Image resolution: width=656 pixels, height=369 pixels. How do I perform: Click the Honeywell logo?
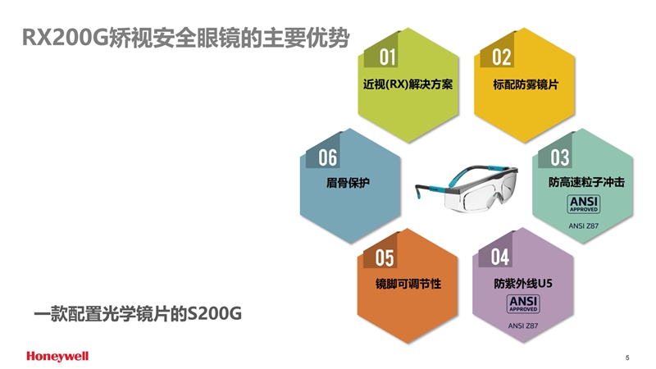pyautogui.click(x=57, y=356)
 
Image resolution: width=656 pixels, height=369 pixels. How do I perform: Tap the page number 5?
pyautogui.click(x=627, y=358)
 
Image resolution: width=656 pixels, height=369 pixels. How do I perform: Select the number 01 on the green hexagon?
pyautogui.click(x=387, y=57)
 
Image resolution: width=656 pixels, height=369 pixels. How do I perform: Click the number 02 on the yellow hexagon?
pyautogui.click(x=502, y=57)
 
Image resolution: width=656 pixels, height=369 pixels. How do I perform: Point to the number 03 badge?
pyautogui.click(x=560, y=157)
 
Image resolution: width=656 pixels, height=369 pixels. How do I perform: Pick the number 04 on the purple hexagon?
pyautogui.click(x=500, y=257)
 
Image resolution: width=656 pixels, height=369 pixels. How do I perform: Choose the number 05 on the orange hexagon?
pyautogui.click(x=385, y=257)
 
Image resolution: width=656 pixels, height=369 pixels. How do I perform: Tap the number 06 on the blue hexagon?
pyautogui.click(x=327, y=157)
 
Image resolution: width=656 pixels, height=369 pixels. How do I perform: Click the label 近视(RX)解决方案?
pyautogui.click(x=408, y=84)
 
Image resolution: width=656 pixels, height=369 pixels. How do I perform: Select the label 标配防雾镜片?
pyautogui.click(x=526, y=84)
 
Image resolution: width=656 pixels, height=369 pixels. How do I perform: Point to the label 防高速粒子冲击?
pyautogui.click(x=586, y=182)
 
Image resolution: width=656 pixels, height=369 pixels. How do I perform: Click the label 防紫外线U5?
pyautogui.click(x=523, y=284)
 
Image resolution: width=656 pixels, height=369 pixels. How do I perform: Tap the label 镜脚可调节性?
pyautogui.click(x=408, y=284)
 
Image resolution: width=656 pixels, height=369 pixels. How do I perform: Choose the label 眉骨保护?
pyautogui.click(x=348, y=183)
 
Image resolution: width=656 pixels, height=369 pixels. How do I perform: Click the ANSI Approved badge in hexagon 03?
pyautogui.click(x=584, y=204)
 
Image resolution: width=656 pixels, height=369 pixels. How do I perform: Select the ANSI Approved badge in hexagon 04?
pyautogui.click(x=523, y=304)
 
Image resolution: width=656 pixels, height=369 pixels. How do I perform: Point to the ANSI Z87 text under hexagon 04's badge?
pyautogui.click(x=523, y=326)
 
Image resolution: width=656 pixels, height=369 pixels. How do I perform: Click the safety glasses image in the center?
pyautogui.click(x=467, y=189)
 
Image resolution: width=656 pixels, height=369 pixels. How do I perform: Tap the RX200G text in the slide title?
pyautogui.click(x=65, y=38)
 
